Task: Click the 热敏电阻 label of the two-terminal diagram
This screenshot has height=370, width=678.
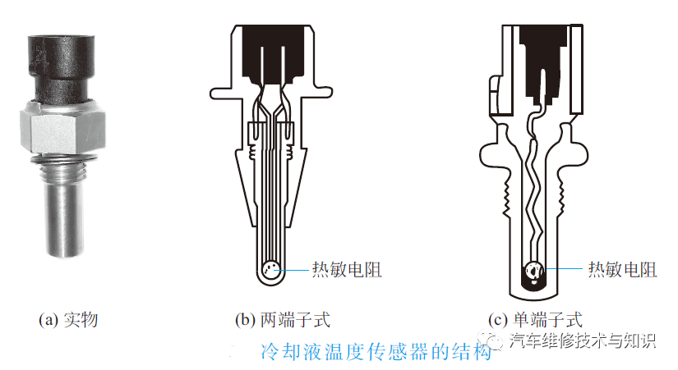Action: click(x=346, y=269)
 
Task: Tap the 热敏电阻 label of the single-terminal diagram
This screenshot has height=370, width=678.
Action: click(x=621, y=269)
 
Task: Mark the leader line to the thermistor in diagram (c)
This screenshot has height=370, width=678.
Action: click(x=563, y=269)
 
